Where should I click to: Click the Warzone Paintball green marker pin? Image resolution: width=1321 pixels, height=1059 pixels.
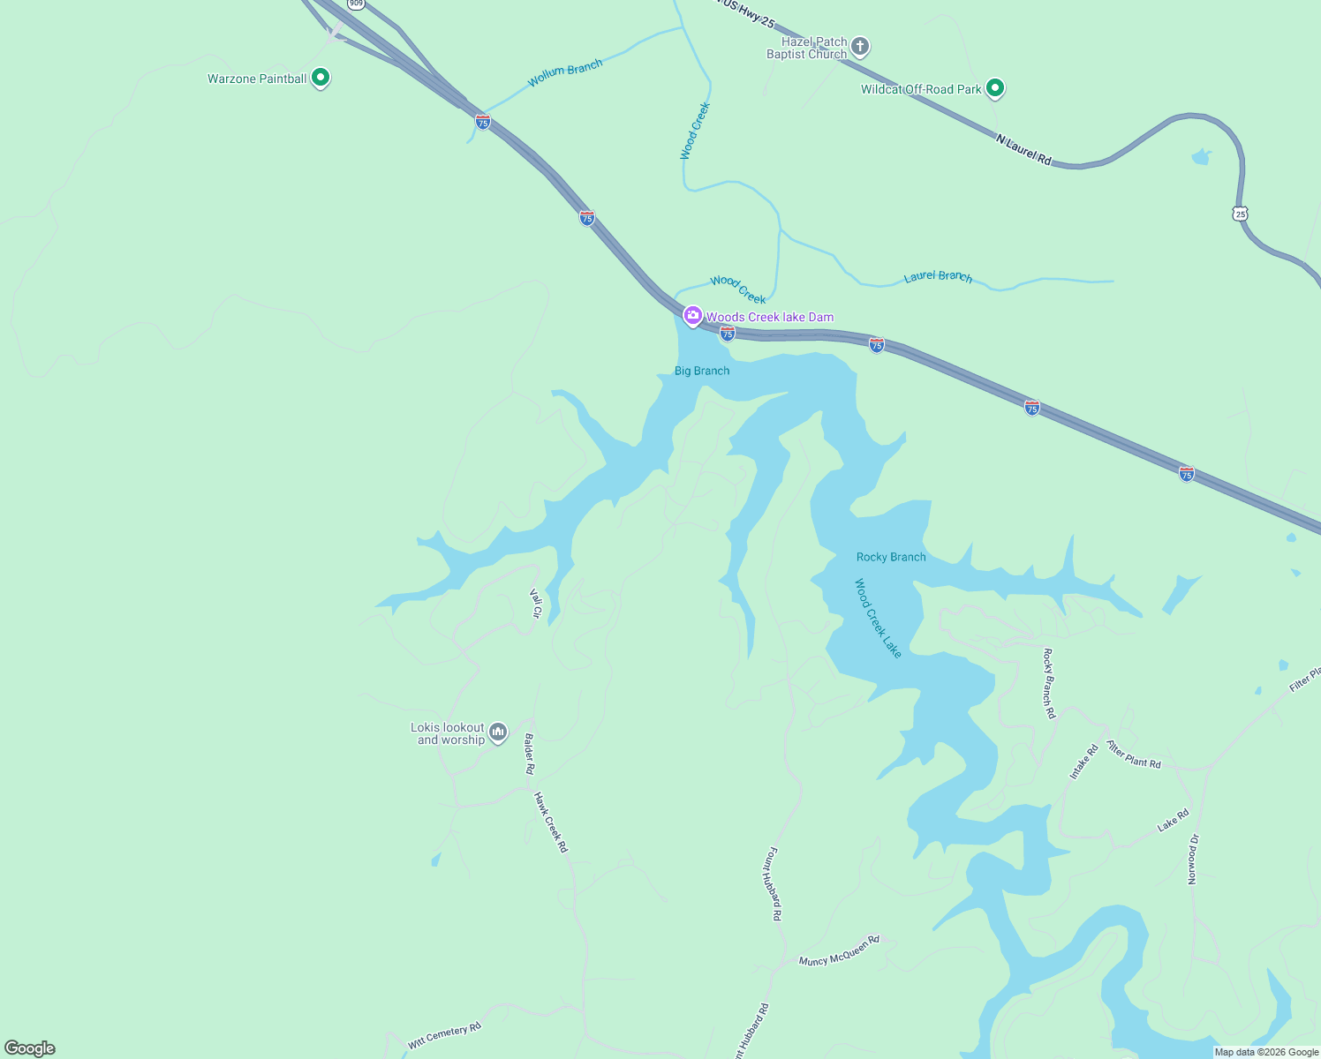click(x=321, y=79)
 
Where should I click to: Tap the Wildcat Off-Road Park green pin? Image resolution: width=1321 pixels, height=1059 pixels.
click(x=995, y=88)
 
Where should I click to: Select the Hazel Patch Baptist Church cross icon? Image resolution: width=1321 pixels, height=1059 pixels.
click(x=860, y=47)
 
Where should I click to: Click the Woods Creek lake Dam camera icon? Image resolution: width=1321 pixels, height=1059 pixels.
click(x=693, y=316)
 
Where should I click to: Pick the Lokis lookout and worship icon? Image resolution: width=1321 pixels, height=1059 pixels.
click(x=498, y=732)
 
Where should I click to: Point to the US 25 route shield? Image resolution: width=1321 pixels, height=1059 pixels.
click(x=1241, y=214)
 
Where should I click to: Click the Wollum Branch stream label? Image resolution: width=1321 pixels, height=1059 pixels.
click(x=565, y=73)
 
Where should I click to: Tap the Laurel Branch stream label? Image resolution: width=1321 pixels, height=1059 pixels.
click(x=938, y=277)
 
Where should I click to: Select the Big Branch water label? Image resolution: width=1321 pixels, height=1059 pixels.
click(x=702, y=371)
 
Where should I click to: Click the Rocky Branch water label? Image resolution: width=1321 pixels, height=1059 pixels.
click(x=891, y=557)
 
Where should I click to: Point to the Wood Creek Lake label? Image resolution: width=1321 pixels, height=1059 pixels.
click(x=879, y=618)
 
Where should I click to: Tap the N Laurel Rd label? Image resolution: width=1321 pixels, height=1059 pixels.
click(x=1024, y=150)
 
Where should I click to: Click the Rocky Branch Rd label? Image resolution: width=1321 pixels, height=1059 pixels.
click(x=1049, y=683)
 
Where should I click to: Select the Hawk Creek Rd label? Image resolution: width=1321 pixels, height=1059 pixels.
click(x=550, y=822)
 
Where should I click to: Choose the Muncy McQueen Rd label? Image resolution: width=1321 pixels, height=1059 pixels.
click(x=839, y=950)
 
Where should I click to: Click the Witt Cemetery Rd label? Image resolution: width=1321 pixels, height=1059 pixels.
click(x=444, y=1035)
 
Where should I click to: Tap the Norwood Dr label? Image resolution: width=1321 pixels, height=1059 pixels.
click(x=1193, y=859)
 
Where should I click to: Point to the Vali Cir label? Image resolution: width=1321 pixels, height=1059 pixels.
click(x=535, y=604)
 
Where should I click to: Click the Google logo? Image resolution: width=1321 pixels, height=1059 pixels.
click(x=30, y=1048)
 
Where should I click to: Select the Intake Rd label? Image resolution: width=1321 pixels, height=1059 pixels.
click(x=1083, y=762)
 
